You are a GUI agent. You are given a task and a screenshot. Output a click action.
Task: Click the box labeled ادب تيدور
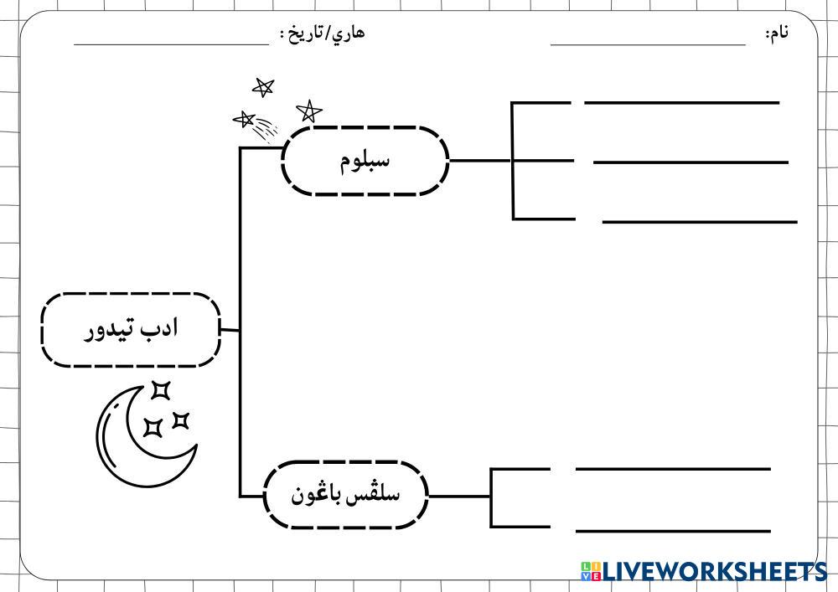(131, 329)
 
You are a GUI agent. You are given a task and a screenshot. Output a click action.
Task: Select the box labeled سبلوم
(365, 161)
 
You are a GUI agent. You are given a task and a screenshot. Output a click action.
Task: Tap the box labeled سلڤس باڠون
(345, 494)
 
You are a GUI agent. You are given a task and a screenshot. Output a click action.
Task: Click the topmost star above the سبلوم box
(263, 86)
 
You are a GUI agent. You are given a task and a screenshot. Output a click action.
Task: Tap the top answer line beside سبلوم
(681, 103)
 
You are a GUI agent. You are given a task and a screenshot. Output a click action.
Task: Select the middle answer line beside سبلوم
(691, 162)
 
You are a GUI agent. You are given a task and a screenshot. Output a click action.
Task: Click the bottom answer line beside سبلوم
(700, 222)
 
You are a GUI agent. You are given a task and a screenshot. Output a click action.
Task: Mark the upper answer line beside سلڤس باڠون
(672, 469)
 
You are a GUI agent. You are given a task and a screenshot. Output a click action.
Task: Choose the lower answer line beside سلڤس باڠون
(672, 530)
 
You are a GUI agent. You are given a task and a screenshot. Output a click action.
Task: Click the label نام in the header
(778, 33)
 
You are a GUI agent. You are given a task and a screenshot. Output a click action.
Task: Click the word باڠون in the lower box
(315, 494)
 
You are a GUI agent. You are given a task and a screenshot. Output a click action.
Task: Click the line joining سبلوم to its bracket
(479, 160)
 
